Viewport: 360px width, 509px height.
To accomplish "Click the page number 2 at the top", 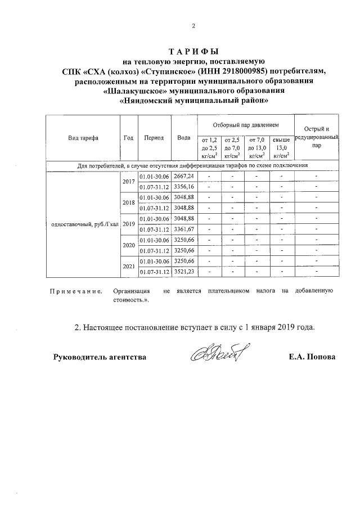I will (193, 25).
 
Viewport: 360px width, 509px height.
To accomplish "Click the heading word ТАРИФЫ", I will (193, 51).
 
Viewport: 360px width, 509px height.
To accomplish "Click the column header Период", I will (154, 137).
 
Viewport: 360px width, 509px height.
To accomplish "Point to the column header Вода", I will (183, 137).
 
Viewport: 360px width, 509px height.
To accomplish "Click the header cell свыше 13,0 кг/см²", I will (281, 148).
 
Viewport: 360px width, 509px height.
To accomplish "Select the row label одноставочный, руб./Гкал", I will (82, 224).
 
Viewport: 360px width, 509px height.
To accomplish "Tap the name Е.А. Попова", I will (312, 357).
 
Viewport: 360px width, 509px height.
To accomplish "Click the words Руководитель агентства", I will (100, 357).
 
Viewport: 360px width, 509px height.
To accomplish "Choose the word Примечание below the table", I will (76, 291).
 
